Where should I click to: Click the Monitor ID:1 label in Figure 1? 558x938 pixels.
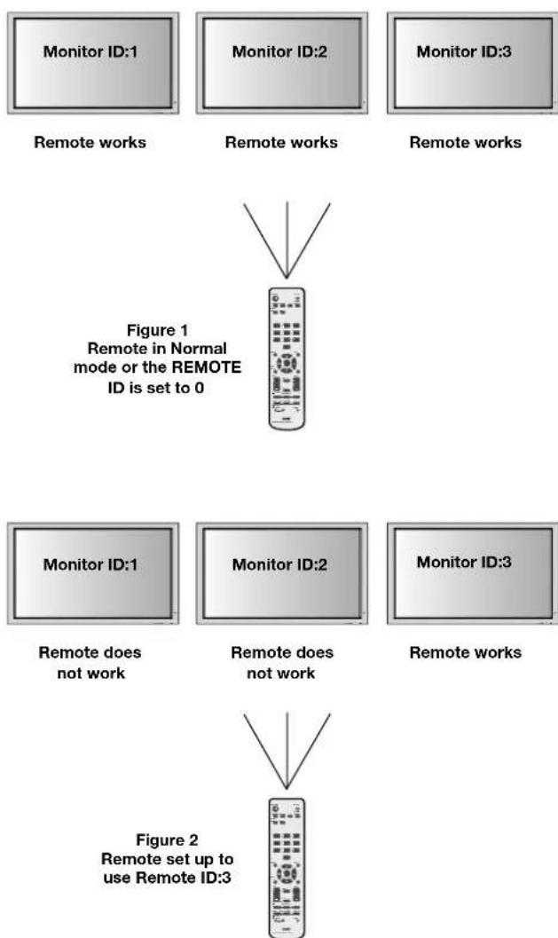pyautogui.click(x=90, y=51)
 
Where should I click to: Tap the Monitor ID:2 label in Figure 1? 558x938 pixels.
pyautogui.click(x=280, y=51)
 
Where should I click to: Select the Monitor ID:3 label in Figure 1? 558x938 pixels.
pyautogui.click(x=464, y=51)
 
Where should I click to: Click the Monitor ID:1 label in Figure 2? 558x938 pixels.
pyautogui.click(x=90, y=564)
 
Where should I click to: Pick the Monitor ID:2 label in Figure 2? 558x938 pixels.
pyautogui.click(x=280, y=564)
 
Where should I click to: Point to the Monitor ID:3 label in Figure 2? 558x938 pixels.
pyautogui.click(x=464, y=562)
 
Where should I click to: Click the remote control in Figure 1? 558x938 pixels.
pyautogui.click(x=287, y=359)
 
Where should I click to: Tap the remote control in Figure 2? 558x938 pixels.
pyautogui.click(x=287, y=867)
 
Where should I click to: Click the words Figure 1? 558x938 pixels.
pyautogui.click(x=157, y=330)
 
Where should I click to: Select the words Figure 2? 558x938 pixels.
pyautogui.click(x=167, y=839)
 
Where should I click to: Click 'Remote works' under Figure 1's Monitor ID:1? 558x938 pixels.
pyautogui.click(x=90, y=142)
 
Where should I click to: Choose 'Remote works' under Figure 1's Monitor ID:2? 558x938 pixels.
pyautogui.click(x=281, y=142)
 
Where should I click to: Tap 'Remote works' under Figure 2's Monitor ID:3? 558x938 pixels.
pyautogui.click(x=466, y=652)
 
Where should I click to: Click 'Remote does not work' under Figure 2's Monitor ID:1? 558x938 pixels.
pyautogui.click(x=90, y=663)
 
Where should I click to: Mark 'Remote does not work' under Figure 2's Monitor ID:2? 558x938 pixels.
pyautogui.click(x=282, y=663)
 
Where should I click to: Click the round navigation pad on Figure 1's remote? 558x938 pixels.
pyautogui.click(x=287, y=363)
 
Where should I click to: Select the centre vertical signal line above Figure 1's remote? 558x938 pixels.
pyautogui.click(x=287, y=240)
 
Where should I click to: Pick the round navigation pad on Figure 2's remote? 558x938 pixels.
pyautogui.click(x=287, y=873)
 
